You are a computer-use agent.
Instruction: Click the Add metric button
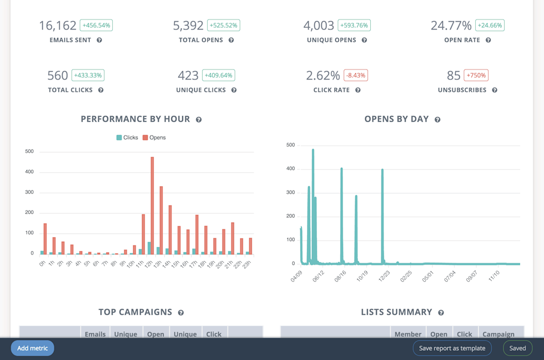pos(32,348)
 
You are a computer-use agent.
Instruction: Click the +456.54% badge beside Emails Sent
pos(96,26)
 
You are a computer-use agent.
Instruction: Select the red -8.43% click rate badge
pos(356,76)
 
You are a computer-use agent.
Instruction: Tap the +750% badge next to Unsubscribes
pos(476,76)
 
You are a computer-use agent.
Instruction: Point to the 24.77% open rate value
pos(451,26)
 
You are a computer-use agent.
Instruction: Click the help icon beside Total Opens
pos(231,40)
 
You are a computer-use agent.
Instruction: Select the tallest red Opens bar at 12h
pos(152,206)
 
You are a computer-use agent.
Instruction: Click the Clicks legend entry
pos(127,137)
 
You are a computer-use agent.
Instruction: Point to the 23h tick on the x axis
pos(248,263)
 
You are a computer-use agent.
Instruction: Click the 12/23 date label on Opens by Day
pos(384,276)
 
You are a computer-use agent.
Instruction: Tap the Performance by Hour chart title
pos(135,119)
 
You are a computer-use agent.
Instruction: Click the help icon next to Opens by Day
pos(437,119)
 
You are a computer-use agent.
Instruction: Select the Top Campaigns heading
pos(135,312)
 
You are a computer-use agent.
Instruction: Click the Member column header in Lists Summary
pos(407,334)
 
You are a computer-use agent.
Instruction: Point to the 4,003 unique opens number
pos(319,26)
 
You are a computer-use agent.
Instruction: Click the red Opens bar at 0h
pos(45,239)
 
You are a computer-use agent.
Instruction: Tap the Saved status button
pos(517,348)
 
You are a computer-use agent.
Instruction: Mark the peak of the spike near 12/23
pos(382,170)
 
